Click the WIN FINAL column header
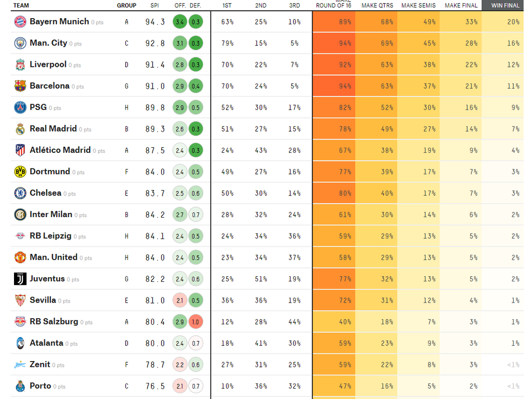[505, 6]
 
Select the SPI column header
[155, 6]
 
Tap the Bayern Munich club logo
[20, 22]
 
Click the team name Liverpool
[48, 64]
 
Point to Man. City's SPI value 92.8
[155, 44]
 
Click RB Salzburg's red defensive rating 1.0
[196, 322]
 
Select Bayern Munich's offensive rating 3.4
[180, 22]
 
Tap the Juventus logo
[20, 279]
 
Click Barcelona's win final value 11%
[513, 86]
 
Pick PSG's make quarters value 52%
[387, 108]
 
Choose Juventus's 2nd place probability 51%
[261, 279]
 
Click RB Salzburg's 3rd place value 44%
[295, 322]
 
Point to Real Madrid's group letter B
[127, 129]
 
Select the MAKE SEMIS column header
[418, 6]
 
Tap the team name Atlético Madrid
[60, 150]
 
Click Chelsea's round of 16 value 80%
[345, 193]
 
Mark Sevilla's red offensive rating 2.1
[180, 301]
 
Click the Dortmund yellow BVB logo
[20, 172]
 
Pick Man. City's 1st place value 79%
[227, 44]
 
